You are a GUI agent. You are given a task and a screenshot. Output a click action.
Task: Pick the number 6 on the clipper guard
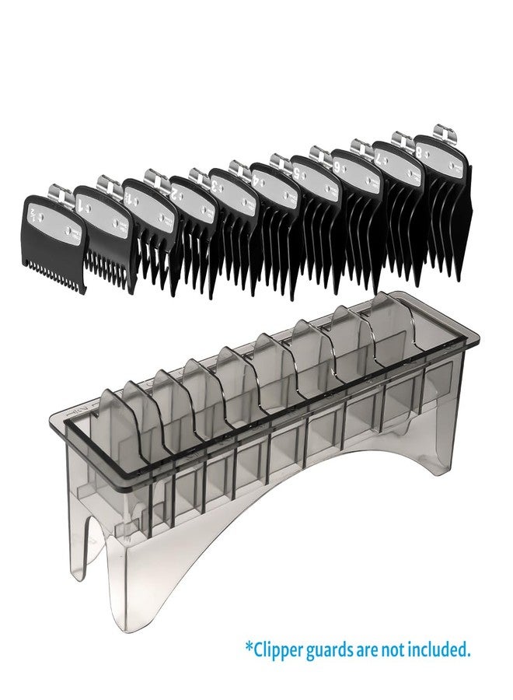tap(336, 166)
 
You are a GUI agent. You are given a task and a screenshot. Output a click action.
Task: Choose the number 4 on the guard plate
tap(256, 180)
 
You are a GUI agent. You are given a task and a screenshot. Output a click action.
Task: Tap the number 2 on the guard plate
tap(175, 190)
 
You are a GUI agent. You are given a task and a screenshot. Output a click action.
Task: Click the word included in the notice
tap(446, 649)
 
